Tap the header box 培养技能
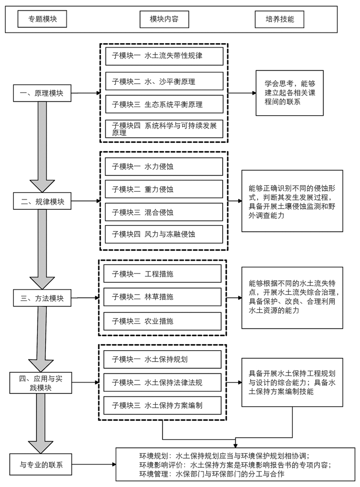(279, 20)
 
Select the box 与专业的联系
(42, 465)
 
